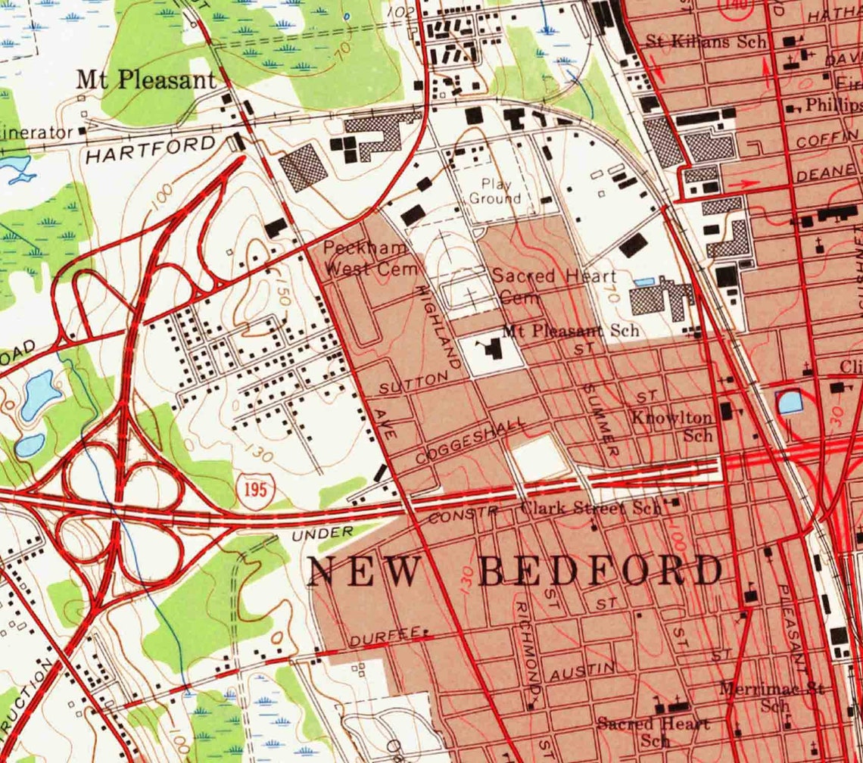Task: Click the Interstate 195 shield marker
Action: click(255, 489)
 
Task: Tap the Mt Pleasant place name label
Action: click(147, 81)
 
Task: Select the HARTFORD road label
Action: click(151, 149)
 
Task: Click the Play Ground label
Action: click(495, 191)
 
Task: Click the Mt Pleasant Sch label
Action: click(571, 330)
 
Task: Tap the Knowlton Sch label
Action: click(673, 426)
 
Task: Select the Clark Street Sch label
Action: click(590, 508)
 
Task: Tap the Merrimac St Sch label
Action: click(771, 696)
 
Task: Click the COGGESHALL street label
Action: click(470, 442)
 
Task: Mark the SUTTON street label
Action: click(409, 384)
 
